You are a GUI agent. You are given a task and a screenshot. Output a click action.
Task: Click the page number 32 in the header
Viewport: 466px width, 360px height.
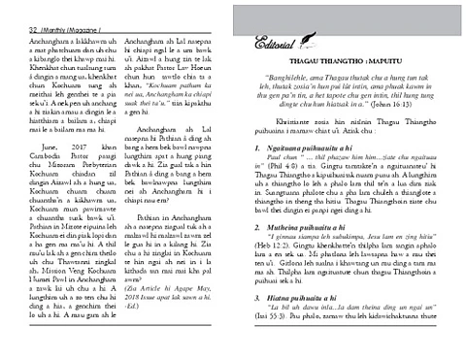pyautogui.click(x=9, y=8)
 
